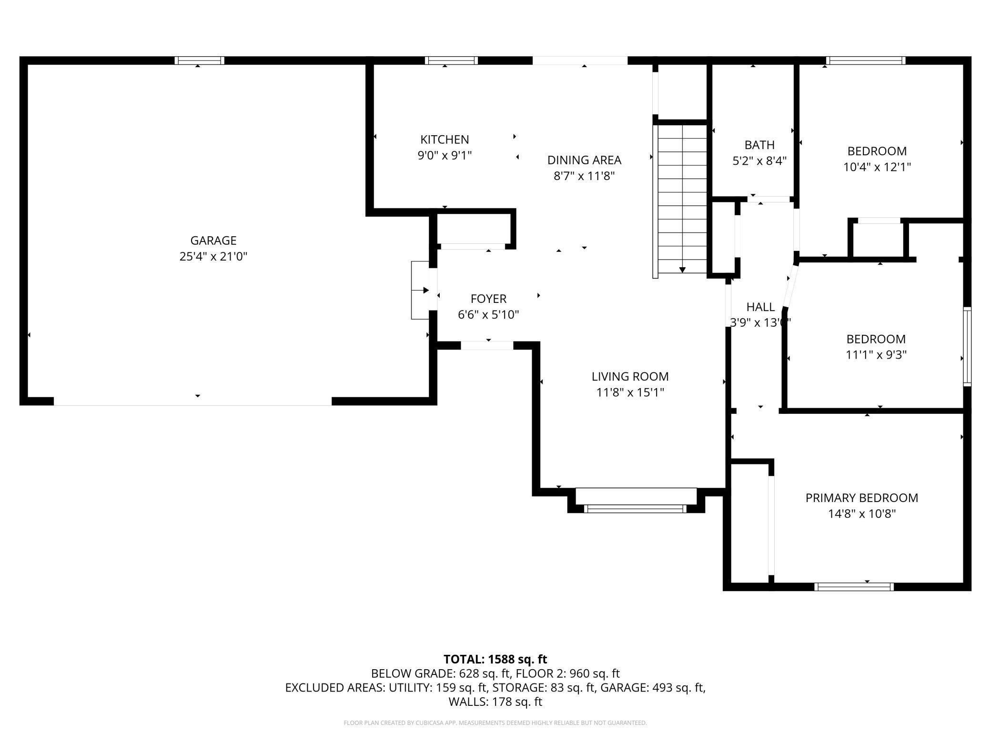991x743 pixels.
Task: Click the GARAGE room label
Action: tap(213, 241)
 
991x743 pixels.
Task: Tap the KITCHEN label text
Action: tap(445, 140)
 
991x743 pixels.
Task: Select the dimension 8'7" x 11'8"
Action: tap(584, 176)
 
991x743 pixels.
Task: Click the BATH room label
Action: tap(759, 145)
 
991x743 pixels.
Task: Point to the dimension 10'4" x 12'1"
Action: tap(877, 167)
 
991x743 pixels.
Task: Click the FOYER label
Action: tap(488, 299)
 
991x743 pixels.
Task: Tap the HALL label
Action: tap(760, 307)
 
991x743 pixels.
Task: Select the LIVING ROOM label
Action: tap(630, 377)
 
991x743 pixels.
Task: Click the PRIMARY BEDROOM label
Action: tap(862, 498)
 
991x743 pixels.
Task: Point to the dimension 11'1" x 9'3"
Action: tap(876, 355)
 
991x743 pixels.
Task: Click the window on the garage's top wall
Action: tap(199, 60)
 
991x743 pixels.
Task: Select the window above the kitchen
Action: tap(451, 60)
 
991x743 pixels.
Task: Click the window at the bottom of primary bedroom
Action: tap(854, 587)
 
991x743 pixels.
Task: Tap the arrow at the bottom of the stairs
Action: tap(682, 270)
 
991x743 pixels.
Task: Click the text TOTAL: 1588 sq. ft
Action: tap(495, 659)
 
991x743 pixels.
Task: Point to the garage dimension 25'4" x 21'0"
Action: tap(213, 257)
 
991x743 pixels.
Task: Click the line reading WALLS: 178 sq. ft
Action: tap(495, 702)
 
